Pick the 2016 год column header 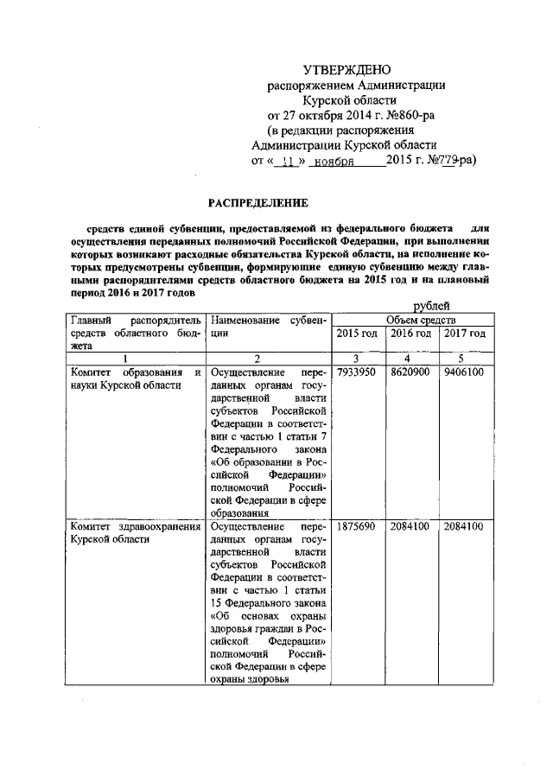tap(410, 334)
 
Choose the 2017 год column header tap(464, 334)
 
